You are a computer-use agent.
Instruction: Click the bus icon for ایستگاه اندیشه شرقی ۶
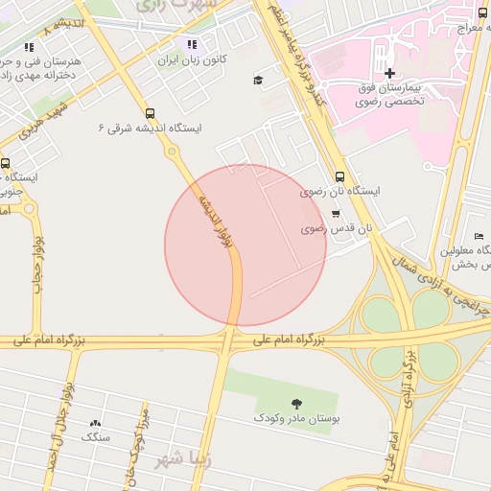pyautogui.click(x=149, y=112)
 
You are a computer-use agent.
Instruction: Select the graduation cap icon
pyautogui.click(x=258, y=80)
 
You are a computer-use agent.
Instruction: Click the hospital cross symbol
pyautogui.click(x=388, y=73)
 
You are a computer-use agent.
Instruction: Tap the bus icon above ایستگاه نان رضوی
pyautogui.click(x=340, y=175)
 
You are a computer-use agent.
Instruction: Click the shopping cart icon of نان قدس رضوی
pyautogui.click(x=335, y=214)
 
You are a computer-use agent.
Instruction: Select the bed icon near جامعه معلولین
pyautogui.click(x=479, y=237)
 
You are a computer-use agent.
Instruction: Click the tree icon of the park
pyautogui.click(x=295, y=404)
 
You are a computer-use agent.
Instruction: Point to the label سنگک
pyautogui.click(x=96, y=437)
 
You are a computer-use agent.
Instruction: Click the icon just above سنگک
pyautogui.click(x=95, y=423)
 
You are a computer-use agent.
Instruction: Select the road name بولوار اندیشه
pyautogui.click(x=217, y=224)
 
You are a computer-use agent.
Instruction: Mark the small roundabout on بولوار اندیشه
pyautogui.click(x=172, y=152)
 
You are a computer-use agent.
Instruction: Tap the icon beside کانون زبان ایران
pyautogui.click(x=192, y=44)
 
